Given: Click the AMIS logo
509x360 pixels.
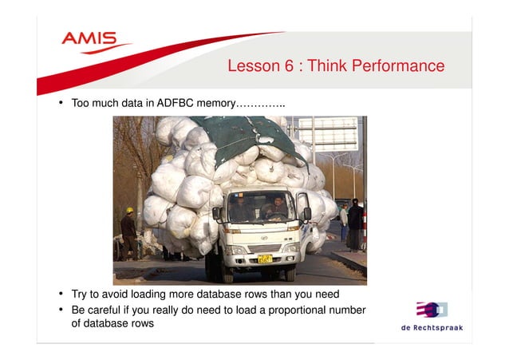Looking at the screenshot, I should pyautogui.click(x=90, y=40).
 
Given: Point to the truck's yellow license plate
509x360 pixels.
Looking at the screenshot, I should pyautogui.click(x=264, y=259).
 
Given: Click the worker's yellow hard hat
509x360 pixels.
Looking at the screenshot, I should pyautogui.click(x=129, y=211).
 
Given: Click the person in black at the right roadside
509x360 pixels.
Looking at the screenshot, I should pyautogui.click(x=354, y=224).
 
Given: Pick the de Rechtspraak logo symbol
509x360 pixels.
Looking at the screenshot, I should pyautogui.click(x=430, y=309).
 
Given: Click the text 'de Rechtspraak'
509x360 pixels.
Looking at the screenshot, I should pyautogui.click(x=431, y=327).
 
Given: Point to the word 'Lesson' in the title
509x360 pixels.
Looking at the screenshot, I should pyautogui.click(x=250, y=65).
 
